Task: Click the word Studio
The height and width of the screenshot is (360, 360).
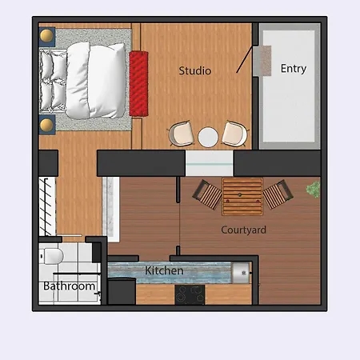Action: pyautogui.click(x=195, y=71)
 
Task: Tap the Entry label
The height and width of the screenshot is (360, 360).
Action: pyautogui.click(x=294, y=69)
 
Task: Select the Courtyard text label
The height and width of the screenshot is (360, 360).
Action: pyautogui.click(x=244, y=230)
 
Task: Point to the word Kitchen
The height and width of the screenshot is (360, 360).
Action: pyautogui.click(x=164, y=271)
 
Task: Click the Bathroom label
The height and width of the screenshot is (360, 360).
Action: pyautogui.click(x=70, y=286)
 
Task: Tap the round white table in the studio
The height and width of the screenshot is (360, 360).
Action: pyautogui.click(x=209, y=137)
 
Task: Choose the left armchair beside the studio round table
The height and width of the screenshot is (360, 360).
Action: pyautogui.click(x=182, y=134)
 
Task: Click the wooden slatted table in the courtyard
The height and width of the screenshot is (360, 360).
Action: pyautogui.click(x=242, y=197)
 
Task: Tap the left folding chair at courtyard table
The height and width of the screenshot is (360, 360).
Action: pyautogui.click(x=208, y=194)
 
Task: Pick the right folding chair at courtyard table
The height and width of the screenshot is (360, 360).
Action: pyautogui.click(x=278, y=194)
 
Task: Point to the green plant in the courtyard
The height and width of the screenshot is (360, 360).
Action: pyautogui.click(x=314, y=190)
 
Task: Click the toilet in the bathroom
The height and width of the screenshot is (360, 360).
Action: pyautogui.click(x=52, y=256)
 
